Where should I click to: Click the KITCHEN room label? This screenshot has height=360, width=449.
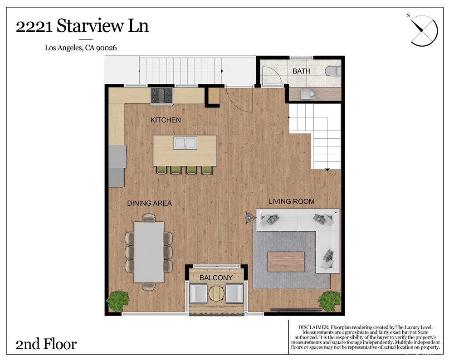166,120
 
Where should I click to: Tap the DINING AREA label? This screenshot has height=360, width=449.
149,203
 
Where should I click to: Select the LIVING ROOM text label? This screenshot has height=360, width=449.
291,201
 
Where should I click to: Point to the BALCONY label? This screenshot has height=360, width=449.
216,277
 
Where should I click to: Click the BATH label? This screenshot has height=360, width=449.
301,71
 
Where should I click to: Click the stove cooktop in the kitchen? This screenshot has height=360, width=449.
162,96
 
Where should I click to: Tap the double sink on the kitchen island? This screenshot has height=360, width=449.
185,143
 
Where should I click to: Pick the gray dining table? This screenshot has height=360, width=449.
149,252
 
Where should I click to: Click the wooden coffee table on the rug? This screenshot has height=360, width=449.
286,262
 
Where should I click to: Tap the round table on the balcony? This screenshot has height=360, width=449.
216,293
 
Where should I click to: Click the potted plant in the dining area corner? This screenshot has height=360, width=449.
118,300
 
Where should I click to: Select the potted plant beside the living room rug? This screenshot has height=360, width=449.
329,301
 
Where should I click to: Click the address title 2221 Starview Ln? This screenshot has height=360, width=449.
82,26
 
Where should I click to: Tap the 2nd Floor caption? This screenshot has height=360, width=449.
46,344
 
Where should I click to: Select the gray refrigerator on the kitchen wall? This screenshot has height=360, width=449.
117,165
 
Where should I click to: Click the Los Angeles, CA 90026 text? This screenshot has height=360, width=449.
81,48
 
